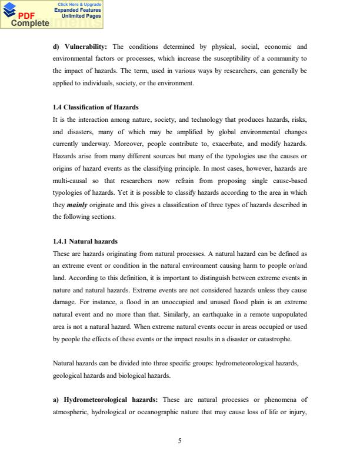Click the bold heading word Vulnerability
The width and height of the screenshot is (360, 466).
(85, 46)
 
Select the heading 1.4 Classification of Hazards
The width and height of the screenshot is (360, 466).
(96, 107)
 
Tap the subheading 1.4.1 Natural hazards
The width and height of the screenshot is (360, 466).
(85, 241)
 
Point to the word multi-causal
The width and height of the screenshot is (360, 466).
(71, 179)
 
